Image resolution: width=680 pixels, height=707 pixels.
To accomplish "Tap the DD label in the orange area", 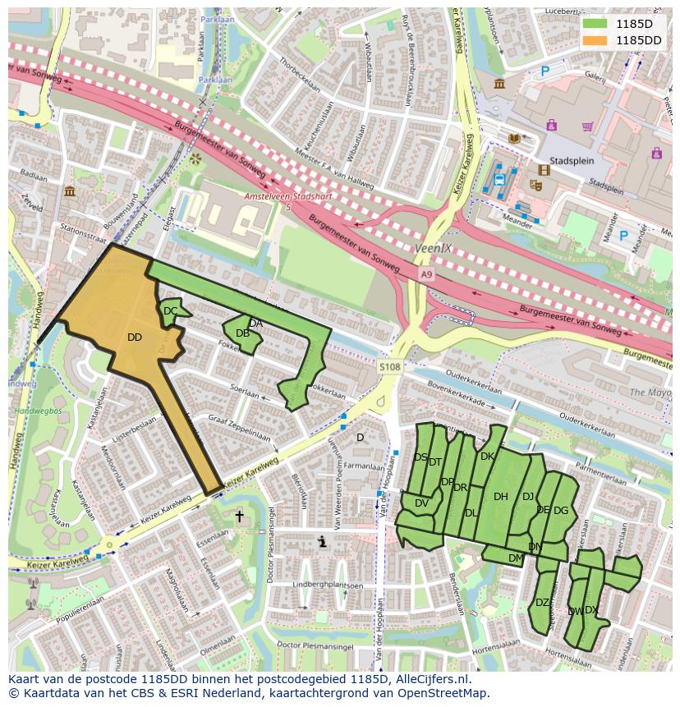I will point(135,337).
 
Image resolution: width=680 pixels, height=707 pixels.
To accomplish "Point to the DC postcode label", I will point(170,311).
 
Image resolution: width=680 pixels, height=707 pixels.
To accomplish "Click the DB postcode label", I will point(242,333).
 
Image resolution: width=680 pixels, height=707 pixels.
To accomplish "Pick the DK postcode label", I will point(487,457).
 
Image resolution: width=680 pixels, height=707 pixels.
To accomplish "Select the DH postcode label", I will point(501,496).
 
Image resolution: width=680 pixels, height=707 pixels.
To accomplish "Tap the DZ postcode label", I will point(542,603).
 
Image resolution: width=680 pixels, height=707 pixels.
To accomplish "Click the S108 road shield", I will point(390,367).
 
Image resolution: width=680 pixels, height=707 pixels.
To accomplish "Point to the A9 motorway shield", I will point(425,273).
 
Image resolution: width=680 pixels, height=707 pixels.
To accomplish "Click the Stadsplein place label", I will point(572,161).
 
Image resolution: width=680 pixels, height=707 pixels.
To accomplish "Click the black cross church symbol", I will point(240,516).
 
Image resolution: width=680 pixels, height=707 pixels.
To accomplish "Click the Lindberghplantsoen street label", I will point(328,585).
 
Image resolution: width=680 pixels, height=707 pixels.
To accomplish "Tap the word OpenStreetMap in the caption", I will point(439,693).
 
